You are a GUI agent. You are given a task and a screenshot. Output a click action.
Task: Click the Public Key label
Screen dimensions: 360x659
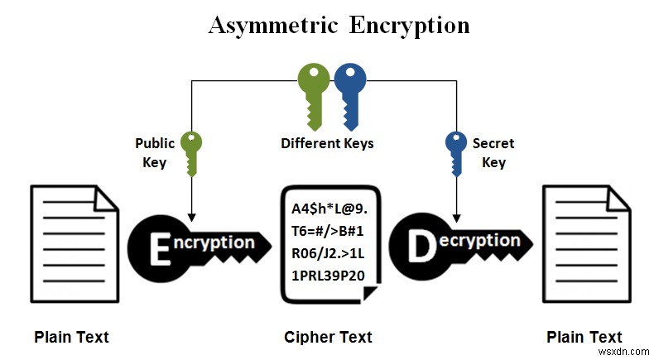click(155, 152)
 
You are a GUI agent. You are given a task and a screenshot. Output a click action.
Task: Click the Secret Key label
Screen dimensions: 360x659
click(493, 152)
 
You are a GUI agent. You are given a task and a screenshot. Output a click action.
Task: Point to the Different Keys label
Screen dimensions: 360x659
click(327, 143)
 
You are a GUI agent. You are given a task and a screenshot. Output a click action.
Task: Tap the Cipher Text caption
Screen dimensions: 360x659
click(328, 337)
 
